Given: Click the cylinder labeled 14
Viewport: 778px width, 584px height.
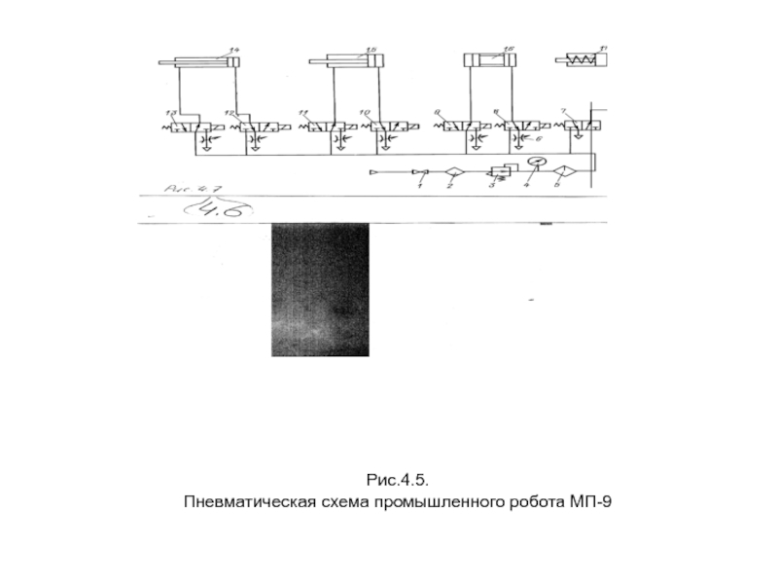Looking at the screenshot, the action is click(205, 63).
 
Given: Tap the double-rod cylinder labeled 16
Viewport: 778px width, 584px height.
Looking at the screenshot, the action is click(490, 61).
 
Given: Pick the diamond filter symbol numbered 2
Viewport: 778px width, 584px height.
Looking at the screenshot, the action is click(452, 173).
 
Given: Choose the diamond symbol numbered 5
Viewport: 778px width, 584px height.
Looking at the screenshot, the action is click(559, 173).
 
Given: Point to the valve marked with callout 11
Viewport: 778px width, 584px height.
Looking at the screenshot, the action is click(320, 127).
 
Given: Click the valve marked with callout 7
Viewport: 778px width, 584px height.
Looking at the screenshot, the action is click(579, 126).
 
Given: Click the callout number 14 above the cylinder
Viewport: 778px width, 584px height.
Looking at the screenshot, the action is click(233, 50).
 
